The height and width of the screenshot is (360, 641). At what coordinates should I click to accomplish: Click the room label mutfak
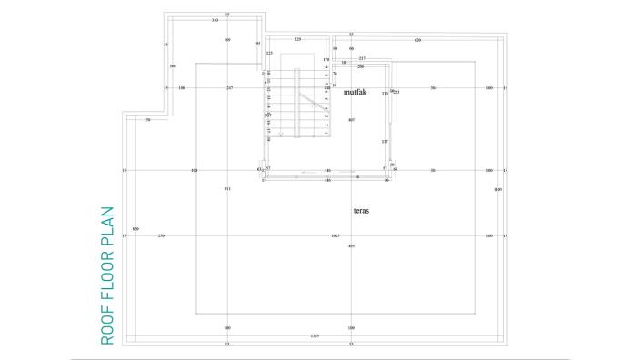point(354,92)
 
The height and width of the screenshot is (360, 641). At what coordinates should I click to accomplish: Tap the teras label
point(361,210)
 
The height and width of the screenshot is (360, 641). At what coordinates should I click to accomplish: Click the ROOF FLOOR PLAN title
point(107,275)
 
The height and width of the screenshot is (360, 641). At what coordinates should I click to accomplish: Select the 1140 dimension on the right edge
point(497,189)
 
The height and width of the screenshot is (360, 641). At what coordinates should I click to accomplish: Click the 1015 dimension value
point(335,236)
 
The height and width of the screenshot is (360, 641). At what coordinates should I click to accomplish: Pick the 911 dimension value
point(227,188)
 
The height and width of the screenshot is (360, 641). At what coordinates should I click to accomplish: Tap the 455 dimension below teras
point(351,246)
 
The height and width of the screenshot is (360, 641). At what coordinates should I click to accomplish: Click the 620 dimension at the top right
point(417,41)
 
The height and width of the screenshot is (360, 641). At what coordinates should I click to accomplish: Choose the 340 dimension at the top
point(214,19)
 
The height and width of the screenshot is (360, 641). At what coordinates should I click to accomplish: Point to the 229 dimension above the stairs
point(297,40)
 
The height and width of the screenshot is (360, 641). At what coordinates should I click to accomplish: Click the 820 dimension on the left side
point(135,228)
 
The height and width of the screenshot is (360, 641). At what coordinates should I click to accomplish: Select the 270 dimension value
point(162,236)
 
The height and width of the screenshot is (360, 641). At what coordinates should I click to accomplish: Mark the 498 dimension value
point(194,170)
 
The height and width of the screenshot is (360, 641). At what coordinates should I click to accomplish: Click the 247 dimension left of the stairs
point(230,88)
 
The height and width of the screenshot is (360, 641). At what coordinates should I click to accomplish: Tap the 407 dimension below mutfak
point(351,120)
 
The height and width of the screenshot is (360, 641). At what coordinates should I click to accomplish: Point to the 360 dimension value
point(172,66)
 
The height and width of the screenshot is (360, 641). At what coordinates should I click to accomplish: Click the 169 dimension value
point(227,41)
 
